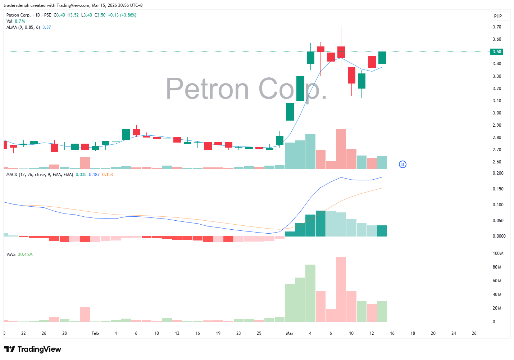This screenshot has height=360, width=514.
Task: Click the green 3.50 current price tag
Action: [x=496, y=52]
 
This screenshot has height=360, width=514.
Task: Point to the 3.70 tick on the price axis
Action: [x=497, y=27]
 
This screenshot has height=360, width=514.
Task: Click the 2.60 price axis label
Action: [x=497, y=162]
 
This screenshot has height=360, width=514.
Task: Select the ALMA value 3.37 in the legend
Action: [x=47, y=27]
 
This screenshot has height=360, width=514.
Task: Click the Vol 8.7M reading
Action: [x=20, y=21]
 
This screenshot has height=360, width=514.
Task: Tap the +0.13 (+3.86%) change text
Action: [x=122, y=15]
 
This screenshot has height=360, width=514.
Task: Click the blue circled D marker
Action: [x=402, y=165]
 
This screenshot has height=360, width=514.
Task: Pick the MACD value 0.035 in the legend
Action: [x=81, y=175]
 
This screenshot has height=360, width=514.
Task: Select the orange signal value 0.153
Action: [x=107, y=175]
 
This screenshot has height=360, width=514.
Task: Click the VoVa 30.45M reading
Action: [x=25, y=255]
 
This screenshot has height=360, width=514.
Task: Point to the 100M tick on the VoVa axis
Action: [x=498, y=253]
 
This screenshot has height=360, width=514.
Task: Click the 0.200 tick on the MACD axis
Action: [x=498, y=173]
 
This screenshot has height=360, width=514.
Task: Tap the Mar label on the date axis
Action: [x=290, y=333]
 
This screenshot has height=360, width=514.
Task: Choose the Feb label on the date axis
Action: [x=95, y=333]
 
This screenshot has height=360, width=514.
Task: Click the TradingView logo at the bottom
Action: [x=33, y=349]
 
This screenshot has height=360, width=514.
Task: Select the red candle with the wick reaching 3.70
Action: [x=341, y=52]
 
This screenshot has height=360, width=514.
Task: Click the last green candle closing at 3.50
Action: [x=382, y=58]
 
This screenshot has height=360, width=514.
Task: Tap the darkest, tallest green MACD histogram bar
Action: [x=320, y=224]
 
